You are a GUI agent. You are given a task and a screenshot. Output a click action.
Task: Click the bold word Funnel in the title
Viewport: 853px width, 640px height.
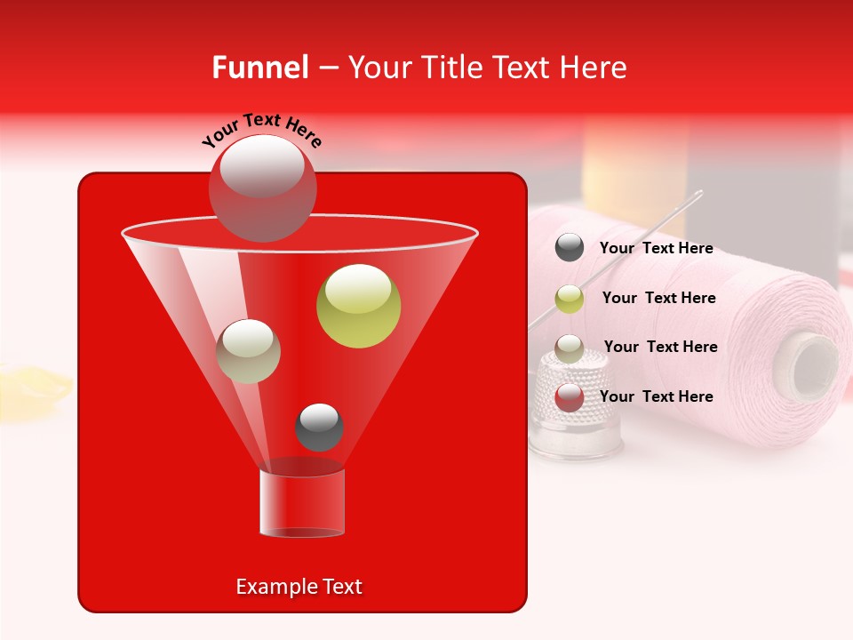pyautogui.click(x=260, y=68)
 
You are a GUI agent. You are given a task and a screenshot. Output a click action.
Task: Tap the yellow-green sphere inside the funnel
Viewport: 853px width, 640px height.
pyautogui.click(x=358, y=306)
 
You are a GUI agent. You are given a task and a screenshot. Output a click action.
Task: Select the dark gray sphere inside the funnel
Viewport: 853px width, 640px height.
pyautogui.click(x=319, y=428)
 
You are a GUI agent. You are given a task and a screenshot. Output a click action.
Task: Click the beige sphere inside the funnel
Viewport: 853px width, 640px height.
pyautogui.click(x=249, y=351)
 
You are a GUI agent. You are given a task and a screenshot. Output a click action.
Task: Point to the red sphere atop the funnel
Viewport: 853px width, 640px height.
pyautogui.click(x=262, y=188)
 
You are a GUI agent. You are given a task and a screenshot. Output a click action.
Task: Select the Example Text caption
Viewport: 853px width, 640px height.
pyautogui.click(x=299, y=587)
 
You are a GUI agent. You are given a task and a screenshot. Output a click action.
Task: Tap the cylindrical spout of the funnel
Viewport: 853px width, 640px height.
pyautogui.click(x=301, y=504)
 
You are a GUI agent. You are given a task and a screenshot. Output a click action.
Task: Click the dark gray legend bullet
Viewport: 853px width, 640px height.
pyautogui.click(x=570, y=248)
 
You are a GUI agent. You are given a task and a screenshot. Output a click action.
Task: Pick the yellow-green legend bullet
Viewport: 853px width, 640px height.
pyautogui.click(x=570, y=299)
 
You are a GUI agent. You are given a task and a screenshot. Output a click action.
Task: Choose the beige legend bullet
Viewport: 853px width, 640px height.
pyautogui.click(x=570, y=348)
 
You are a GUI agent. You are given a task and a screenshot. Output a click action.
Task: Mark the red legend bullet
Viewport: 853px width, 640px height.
pyautogui.click(x=570, y=397)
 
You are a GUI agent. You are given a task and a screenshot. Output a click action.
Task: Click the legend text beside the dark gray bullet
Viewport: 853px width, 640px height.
pyautogui.click(x=656, y=249)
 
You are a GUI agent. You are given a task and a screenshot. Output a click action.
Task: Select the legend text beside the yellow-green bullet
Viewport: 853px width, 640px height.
pyautogui.click(x=658, y=299)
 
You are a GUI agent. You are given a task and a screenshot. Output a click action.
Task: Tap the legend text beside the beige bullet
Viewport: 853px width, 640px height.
pyautogui.click(x=660, y=348)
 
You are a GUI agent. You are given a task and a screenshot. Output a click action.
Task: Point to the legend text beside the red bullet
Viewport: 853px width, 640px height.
pyautogui.click(x=656, y=397)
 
